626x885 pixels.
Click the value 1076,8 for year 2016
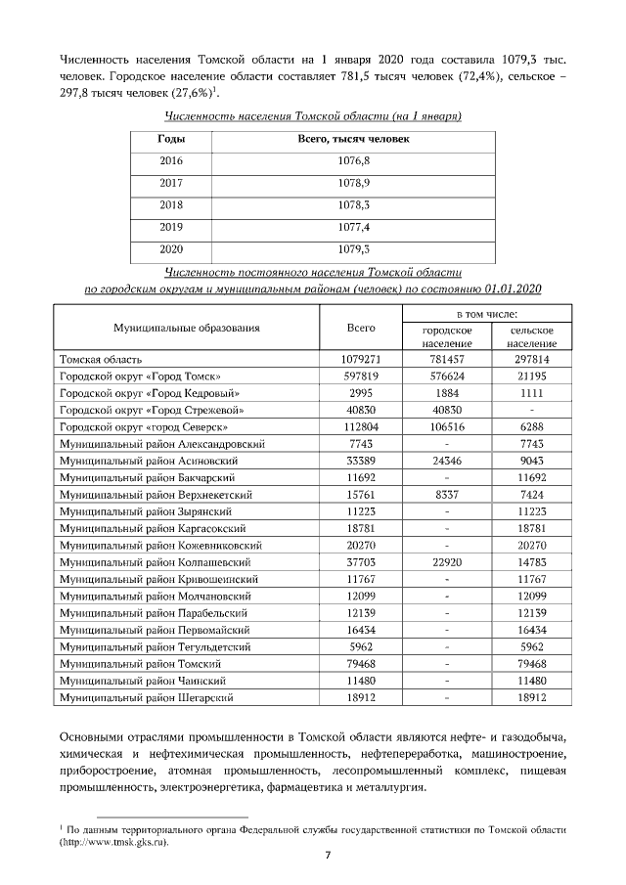[x=353, y=159]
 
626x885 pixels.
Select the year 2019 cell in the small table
[x=171, y=226]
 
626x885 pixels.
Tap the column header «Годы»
[x=171, y=139]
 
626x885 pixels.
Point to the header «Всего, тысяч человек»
[x=353, y=139]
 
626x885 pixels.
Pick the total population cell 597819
[x=362, y=376]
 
